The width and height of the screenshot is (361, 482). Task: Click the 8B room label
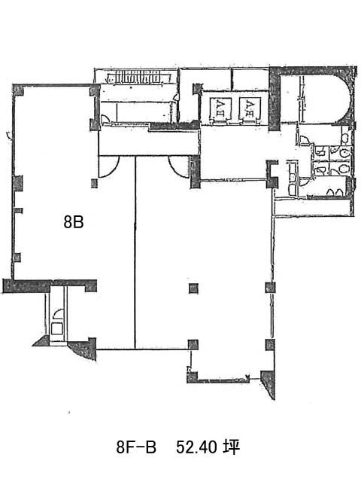coord(74,221)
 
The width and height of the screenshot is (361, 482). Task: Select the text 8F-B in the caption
coord(136,447)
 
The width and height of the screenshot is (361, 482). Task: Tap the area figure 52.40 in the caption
coord(196,447)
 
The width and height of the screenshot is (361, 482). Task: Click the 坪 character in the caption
coord(232,447)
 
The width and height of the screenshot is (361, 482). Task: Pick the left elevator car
coord(220,109)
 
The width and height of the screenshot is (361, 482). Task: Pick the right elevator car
coord(250,109)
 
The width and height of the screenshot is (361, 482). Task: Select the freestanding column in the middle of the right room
coord(193,288)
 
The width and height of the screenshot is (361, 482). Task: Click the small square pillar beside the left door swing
coord(94,184)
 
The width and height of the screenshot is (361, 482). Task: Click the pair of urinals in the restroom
coord(334,192)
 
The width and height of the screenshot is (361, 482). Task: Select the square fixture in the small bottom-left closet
coord(56,328)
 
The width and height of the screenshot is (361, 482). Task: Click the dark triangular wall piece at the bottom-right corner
coord(268,383)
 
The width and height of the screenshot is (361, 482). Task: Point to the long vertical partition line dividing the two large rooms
coord(135,253)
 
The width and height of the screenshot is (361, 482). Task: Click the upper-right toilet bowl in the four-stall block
coord(346,152)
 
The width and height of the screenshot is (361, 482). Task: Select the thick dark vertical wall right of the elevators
coord(274,100)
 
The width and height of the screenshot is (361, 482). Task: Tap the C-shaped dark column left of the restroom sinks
coord(272,174)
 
